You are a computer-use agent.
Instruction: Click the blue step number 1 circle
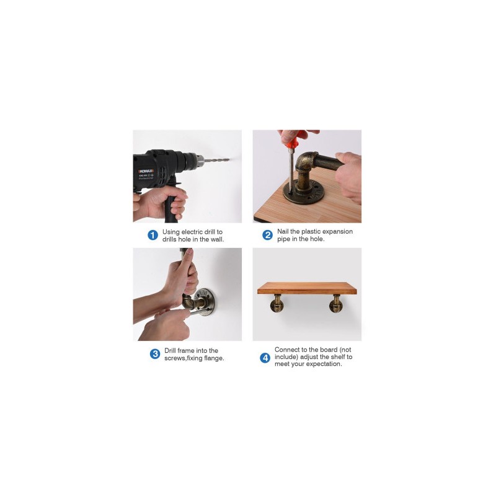click(153, 235)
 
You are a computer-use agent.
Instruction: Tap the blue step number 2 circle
click(267, 235)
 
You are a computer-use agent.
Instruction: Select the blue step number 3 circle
click(154, 353)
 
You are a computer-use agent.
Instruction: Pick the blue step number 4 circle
click(265, 358)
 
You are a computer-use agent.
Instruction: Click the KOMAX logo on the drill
click(146, 171)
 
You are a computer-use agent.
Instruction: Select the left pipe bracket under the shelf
click(277, 304)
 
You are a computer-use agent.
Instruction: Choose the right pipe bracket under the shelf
click(335, 304)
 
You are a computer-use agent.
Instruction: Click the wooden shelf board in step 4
click(307, 288)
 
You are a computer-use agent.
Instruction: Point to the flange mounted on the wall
click(204, 302)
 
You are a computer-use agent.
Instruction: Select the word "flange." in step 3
click(214, 358)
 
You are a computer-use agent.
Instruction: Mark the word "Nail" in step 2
click(283, 231)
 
